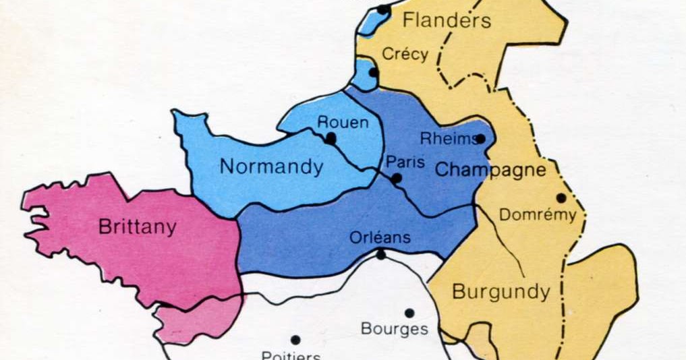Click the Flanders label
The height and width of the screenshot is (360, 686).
(447, 20)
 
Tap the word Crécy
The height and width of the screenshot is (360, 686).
(405, 54)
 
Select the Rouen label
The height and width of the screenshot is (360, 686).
(343, 122)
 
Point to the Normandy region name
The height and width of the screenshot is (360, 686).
(271, 167)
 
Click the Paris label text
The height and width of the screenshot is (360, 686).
(405, 162)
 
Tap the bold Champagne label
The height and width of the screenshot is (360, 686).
(490, 169)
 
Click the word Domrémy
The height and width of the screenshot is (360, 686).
(537, 215)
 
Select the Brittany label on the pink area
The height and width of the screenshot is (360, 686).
(137, 227)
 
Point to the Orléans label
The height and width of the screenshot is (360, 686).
(380, 237)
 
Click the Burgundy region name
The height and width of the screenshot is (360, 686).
(501, 292)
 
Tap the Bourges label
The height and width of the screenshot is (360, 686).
(395, 329)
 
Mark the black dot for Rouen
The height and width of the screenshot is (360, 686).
(331, 138)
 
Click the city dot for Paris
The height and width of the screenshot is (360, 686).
(397, 179)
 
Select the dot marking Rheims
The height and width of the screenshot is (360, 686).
(480, 139)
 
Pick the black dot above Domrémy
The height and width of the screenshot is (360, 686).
(561, 198)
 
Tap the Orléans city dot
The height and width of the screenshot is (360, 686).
(381, 254)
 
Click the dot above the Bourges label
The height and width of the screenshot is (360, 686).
(409, 313)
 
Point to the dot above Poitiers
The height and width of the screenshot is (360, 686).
(295, 340)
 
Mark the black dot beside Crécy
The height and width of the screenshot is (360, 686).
(373, 72)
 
